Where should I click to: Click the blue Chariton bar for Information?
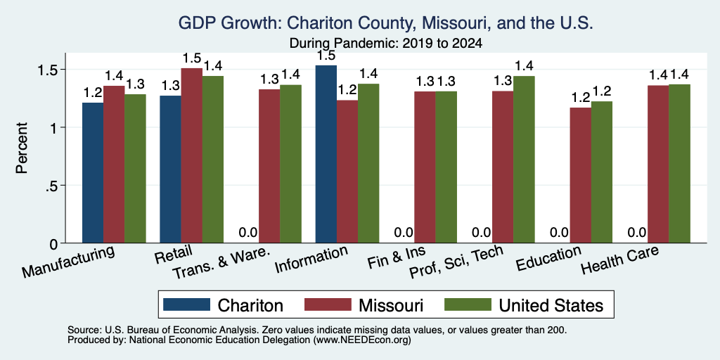(326, 154)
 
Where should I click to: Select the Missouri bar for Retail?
(191, 155)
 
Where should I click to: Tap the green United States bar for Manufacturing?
(135, 169)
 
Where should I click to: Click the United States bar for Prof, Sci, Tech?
(524, 160)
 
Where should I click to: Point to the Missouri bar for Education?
(580, 175)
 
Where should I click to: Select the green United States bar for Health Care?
(680, 163)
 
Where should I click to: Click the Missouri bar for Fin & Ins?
(425, 167)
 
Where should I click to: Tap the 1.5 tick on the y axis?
(47, 70)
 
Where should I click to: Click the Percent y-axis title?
(22, 148)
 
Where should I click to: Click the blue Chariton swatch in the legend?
(186, 304)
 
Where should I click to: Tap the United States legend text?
(551, 305)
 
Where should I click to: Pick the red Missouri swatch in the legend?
(328, 304)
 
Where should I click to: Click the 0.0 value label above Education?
(559, 232)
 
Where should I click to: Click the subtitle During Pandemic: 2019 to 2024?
(386, 44)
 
